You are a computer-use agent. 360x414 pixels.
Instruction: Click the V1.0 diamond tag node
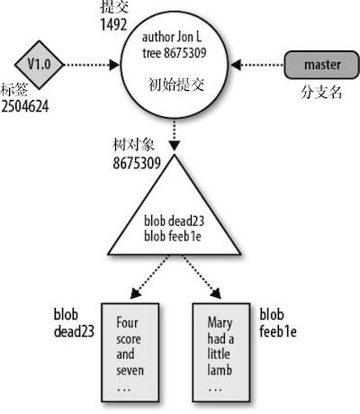39,65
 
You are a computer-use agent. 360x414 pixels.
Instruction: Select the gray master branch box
321,65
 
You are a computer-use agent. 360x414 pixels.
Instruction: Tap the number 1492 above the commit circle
113,24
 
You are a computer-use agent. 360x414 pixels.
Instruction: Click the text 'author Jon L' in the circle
172,38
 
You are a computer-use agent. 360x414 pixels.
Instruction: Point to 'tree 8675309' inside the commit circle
175,53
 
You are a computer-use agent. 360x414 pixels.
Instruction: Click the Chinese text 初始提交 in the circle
176,85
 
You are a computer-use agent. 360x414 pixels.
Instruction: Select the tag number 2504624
25,106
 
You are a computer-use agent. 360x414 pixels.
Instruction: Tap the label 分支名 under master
320,92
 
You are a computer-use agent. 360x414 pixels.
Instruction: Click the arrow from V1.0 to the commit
92,65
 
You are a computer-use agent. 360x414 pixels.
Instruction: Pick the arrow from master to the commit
257,65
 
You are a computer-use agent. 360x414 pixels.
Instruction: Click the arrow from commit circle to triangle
175,135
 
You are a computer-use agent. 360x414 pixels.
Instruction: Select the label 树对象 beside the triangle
133,145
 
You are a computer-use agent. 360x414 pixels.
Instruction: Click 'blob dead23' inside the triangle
174,221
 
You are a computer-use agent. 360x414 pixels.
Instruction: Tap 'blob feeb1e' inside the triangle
173,236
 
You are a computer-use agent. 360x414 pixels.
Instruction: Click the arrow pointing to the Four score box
149,276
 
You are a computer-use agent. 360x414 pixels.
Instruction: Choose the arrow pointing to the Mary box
202,276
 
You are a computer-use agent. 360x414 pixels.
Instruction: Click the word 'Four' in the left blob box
127,323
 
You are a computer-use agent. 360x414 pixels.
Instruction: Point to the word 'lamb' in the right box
220,370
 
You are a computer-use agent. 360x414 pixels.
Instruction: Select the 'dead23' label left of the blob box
74,331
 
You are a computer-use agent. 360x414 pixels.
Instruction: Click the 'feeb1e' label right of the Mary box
278,331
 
